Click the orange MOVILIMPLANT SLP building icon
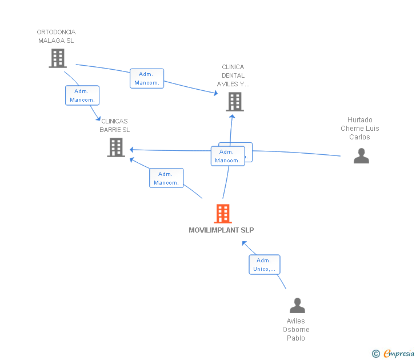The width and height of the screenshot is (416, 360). point(223,214)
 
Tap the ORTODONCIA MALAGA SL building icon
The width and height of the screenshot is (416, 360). point(58,58)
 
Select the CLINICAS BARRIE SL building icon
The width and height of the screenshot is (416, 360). point(116,147)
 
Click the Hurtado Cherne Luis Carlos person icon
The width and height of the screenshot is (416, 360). point(361,155)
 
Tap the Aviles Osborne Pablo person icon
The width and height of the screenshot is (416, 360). point(297,306)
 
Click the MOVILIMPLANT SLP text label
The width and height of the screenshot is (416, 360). point(221,230)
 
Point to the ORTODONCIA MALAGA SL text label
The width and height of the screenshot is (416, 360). point(56,37)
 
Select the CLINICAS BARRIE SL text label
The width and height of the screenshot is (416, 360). point(115,125)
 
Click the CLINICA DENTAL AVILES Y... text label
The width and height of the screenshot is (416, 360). point(233,75)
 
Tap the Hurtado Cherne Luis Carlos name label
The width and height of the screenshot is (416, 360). point(360,129)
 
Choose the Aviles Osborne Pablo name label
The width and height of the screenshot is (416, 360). point(296,330)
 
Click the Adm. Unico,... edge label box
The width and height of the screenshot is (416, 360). point(264,265)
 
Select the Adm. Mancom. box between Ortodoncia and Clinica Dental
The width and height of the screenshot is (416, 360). point(147,78)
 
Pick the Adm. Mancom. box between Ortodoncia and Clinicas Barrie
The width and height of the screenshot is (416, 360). point(82,95)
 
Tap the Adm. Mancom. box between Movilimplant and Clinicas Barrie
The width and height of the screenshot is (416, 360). point(166,178)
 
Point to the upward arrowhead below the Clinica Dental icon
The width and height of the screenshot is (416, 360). point(233,117)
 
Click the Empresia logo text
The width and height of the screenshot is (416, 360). point(399,353)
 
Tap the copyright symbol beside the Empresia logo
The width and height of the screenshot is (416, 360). point(375,354)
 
